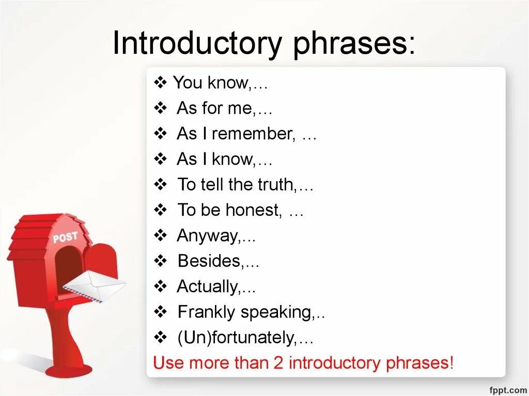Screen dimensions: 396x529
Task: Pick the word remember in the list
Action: click(x=253, y=134)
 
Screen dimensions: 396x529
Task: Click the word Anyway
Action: click(x=208, y=235)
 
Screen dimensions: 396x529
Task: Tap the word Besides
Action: click(x=209, y=261)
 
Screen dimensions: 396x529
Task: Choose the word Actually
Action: click(x=208, y=286)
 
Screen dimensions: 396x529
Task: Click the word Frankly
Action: click(x=207, y=312)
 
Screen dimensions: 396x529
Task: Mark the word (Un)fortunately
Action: click(x=236, y=338)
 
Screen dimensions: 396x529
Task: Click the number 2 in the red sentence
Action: click(x=278, y=362)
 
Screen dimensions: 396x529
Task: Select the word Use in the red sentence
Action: click(x=169, y=362)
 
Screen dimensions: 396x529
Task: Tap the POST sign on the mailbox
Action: click(x=65, y=238)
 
